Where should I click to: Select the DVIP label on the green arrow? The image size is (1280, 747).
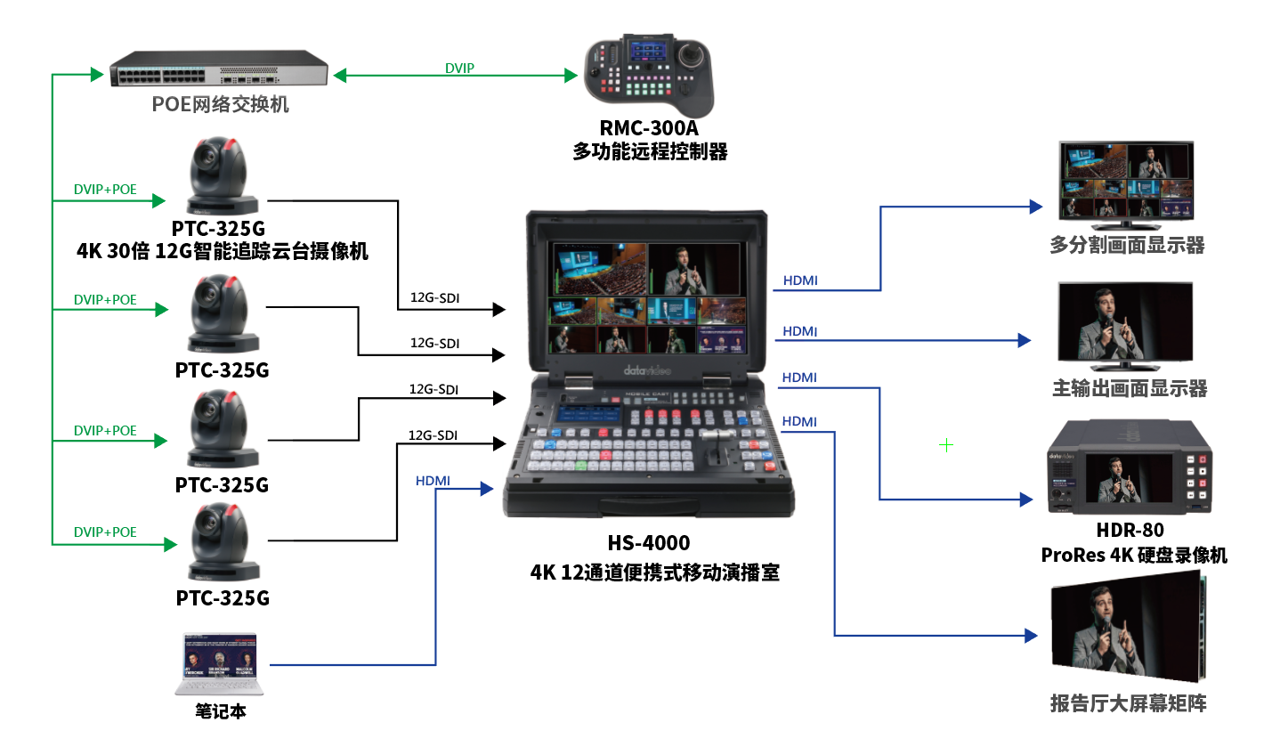459,68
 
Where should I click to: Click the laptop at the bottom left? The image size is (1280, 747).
219,666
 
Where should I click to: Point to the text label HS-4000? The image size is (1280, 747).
648,543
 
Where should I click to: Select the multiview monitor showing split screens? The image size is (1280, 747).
1125,183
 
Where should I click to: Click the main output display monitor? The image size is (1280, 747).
1124,326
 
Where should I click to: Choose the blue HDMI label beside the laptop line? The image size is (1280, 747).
433,481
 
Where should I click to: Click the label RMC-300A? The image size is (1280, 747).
648,128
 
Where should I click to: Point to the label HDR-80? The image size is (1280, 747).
1130,531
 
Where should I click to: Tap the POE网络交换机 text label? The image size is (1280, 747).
220,105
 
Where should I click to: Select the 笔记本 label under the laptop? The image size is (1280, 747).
220,710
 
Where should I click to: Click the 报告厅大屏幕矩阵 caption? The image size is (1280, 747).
1128,703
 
